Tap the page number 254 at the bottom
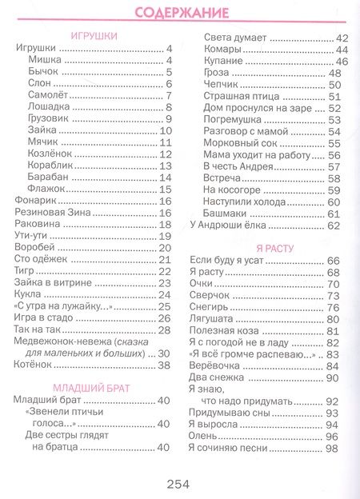point(181,482)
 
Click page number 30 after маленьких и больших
point(165,353)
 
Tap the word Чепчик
point(219,85)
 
